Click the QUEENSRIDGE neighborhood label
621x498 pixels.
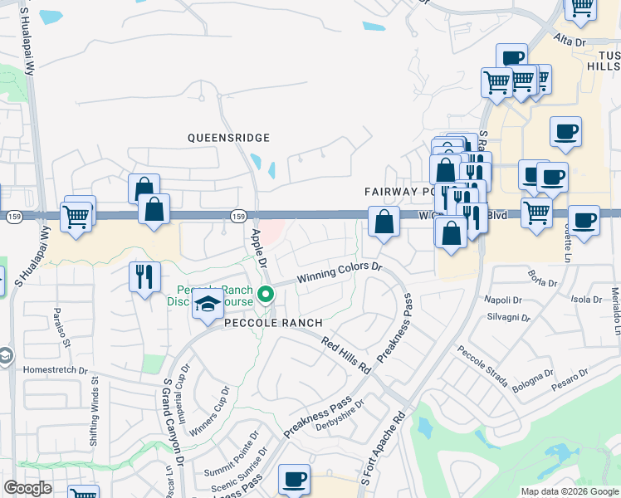[229, 137]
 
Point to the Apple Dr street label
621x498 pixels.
[257, 248]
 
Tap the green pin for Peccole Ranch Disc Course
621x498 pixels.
[266, 294]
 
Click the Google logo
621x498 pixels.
[27, 488]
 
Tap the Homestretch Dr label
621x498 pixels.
[56, 370]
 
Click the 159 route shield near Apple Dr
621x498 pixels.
[238, 216]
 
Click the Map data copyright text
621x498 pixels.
[569, 491]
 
